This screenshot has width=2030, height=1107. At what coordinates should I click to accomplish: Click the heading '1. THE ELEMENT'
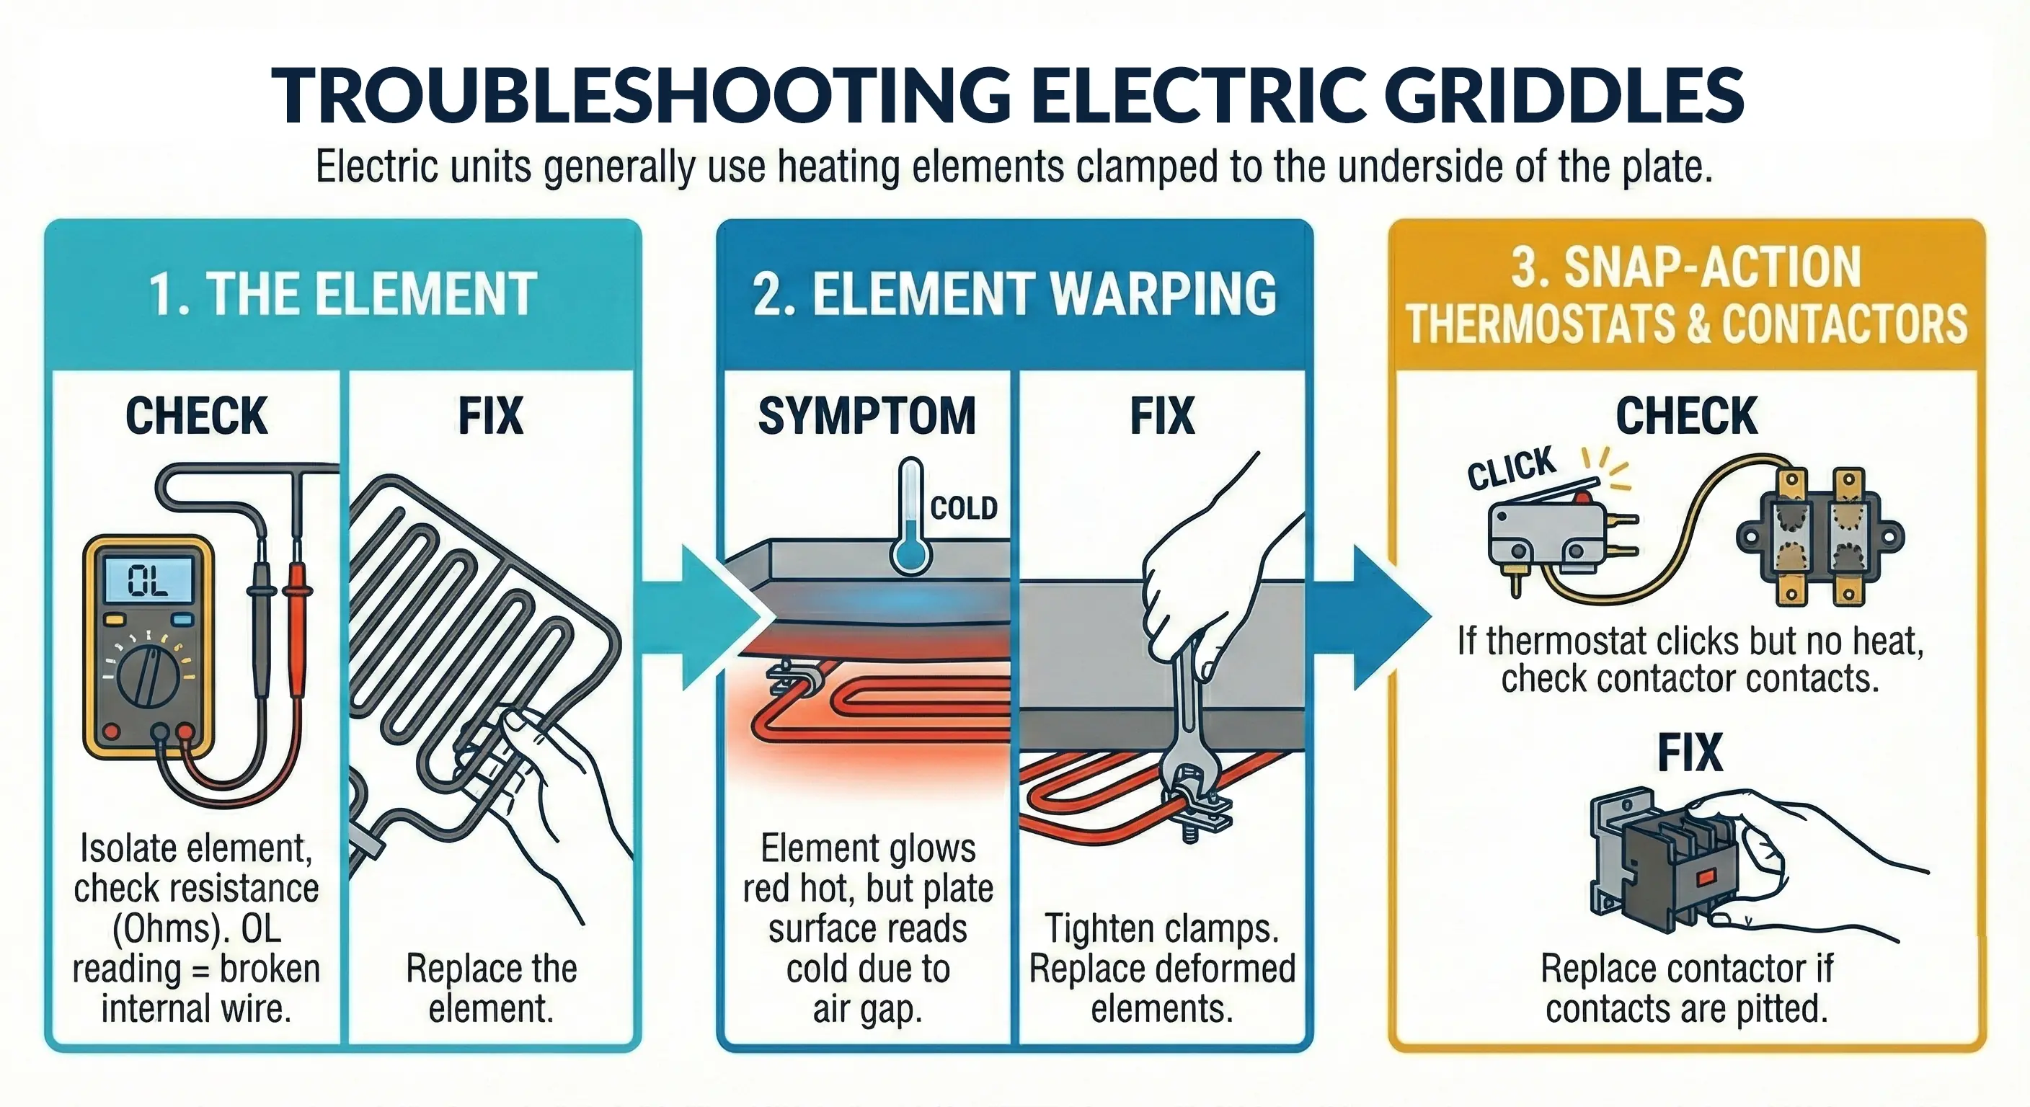tap(343, 295)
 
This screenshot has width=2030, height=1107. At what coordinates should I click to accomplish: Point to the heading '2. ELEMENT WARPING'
tap(1014, 295)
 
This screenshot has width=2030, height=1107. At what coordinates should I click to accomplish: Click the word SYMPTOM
tap(866, 416)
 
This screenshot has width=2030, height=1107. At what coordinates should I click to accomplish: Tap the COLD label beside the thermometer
tap(963, 508)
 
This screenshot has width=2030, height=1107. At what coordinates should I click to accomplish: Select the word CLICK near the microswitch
tap(1511, 468)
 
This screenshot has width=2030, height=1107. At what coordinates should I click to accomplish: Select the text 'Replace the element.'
tap(491, 988)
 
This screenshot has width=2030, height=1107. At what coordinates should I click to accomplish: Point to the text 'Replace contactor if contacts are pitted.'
tap(1686, 988)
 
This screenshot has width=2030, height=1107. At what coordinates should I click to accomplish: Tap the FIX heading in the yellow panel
tap(1689, 752)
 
